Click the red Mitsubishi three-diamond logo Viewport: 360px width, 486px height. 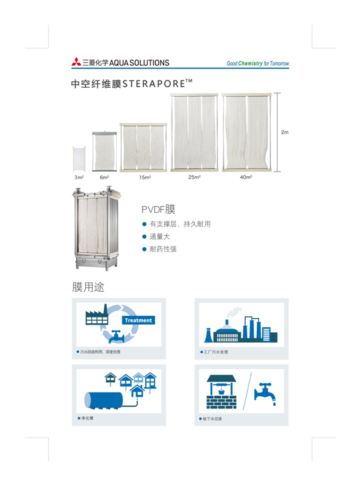(76, 62)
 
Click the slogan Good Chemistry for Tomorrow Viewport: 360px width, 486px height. (258, 63)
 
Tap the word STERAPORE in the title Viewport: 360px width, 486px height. (154, 84)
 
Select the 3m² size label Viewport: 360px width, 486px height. (79, 177)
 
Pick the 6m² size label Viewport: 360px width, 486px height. (105, 177)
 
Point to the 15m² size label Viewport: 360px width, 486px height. (145, 177)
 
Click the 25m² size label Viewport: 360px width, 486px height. (195, 177)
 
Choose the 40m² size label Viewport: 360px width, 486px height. (246, 177)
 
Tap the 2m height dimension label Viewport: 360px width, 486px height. (285, 132)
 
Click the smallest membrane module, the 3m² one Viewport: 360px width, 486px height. (79, 159)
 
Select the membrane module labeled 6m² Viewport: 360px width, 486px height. (105, 152)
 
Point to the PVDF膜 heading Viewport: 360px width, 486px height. (158, 210)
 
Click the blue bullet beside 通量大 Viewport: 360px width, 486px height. (144, 237)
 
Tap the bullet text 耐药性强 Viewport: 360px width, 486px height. (163, 249)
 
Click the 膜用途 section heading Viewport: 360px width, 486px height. (88, 287)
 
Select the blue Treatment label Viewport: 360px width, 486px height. (139, 320)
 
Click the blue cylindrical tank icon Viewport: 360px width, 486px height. (104, 400)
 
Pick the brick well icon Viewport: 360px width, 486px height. (221, 392)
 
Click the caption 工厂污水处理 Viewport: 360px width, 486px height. (215, 352)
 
